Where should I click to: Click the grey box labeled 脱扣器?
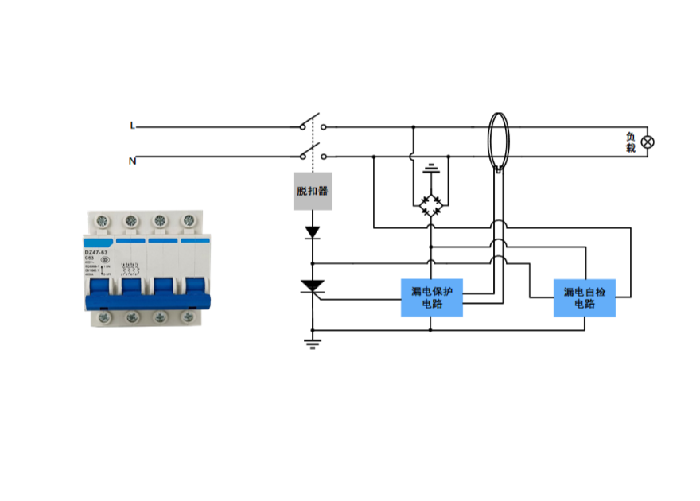[313, 191]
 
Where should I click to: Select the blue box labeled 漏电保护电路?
[432, 297]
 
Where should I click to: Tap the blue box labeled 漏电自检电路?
[585, 297]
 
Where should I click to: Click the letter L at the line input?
[133, 126]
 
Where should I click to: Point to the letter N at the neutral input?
[133, 161]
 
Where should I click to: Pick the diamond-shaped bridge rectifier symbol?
[432, 204]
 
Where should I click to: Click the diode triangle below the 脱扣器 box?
[313, 232]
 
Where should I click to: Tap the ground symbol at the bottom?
[313, 344]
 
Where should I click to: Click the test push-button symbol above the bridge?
[432, 168]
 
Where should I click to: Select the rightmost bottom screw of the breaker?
[189, 318]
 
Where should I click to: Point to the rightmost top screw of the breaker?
[189, 220]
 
